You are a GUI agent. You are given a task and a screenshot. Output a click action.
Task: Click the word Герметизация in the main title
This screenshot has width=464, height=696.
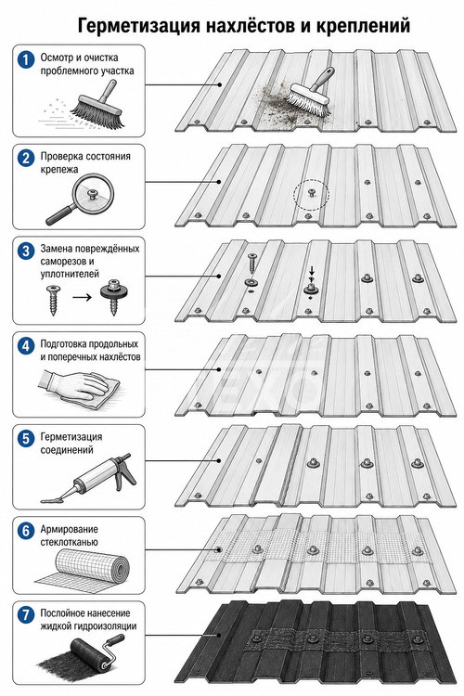point(138,26)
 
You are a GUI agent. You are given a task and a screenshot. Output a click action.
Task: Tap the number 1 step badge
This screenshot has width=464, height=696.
point(26,60)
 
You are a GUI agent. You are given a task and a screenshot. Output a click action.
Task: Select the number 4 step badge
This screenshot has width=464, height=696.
point(26,347)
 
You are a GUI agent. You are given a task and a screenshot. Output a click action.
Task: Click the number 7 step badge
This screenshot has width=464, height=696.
point(26,615)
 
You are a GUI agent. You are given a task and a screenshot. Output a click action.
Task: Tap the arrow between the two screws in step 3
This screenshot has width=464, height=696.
point(82,297)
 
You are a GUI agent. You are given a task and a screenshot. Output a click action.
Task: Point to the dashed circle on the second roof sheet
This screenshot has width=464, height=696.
point(312,195)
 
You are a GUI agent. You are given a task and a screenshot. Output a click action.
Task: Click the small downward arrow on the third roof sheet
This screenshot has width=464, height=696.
point(312,270)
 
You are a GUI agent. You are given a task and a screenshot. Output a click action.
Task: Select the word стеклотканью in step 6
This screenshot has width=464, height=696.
point(70,543)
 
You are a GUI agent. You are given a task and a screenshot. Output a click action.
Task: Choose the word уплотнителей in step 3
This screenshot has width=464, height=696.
point(70,275)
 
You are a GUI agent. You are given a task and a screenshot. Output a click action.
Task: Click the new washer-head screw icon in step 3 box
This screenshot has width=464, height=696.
point(113,297)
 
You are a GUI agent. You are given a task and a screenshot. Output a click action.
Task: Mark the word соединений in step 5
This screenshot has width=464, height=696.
point(67,450)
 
